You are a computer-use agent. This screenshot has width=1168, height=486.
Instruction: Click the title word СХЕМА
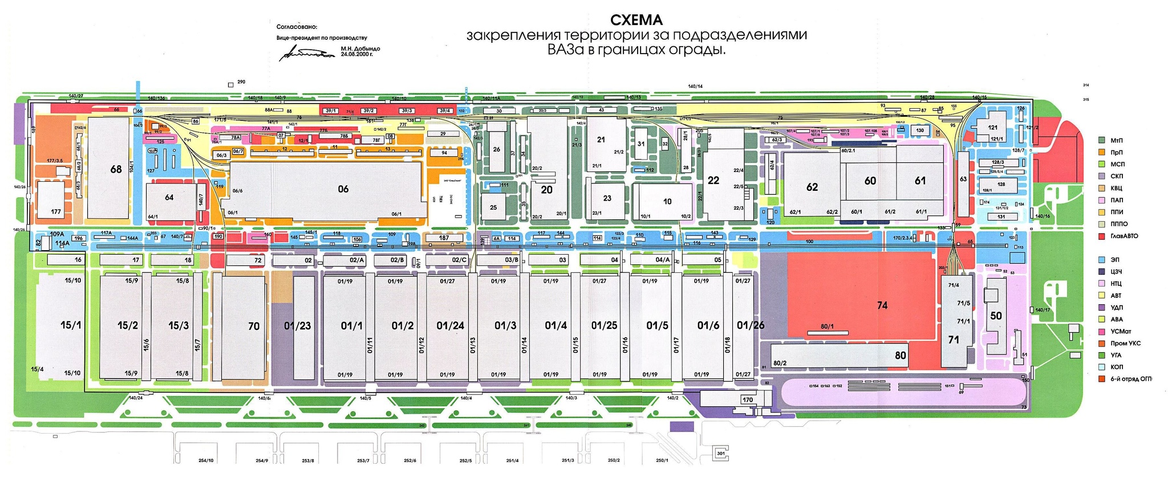pos(636,21)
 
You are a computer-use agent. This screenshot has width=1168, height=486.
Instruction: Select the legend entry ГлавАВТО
pos(1124,236)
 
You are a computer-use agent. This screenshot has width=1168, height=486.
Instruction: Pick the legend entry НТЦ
pos(1116,283)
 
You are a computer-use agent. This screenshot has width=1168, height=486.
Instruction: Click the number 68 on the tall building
pos(116,169)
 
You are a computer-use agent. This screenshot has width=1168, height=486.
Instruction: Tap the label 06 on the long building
pos(343,189)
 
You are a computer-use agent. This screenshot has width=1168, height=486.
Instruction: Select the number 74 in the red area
pos(882,306)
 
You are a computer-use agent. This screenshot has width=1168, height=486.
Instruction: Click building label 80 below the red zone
pos(900,356)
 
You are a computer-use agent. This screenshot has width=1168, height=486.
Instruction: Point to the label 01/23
pos(298,326)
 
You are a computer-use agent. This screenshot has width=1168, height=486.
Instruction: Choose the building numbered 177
pos(56,212)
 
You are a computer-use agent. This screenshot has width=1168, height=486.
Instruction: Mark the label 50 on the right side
pos(996,316)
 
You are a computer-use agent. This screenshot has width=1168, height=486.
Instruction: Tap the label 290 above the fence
pos(241,82)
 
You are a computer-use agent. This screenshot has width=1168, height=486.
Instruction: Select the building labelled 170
pos(747,399)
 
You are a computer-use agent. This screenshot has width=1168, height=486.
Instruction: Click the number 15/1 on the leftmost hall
pos(71,325)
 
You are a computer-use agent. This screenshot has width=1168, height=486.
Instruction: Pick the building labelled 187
pos(444,238)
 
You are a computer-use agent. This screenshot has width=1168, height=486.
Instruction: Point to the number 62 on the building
pos(812,187)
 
